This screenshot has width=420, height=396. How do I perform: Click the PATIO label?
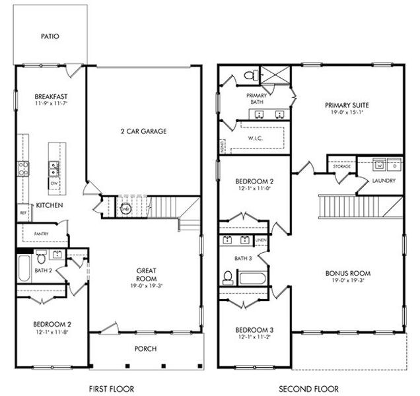[50, 36]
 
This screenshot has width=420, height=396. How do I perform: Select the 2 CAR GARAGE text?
[143, 131]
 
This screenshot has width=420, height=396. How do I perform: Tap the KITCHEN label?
[49, 206]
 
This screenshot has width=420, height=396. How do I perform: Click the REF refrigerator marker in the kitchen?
[22, 213]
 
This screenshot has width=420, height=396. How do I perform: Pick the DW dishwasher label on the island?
[53, 183]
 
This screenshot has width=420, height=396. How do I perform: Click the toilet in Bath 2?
[40, 257]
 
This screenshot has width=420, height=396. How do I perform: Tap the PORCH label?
[145, 348]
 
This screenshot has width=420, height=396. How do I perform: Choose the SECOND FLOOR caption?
[308, 389]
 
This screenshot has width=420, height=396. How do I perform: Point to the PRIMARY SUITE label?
[346, 105]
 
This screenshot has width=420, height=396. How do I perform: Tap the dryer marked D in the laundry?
[394, 164]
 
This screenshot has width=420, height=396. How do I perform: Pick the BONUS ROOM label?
[347, 273]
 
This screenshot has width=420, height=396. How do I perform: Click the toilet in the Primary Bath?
[250, 76]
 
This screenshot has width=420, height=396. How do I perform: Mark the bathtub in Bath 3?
[252, 277]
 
